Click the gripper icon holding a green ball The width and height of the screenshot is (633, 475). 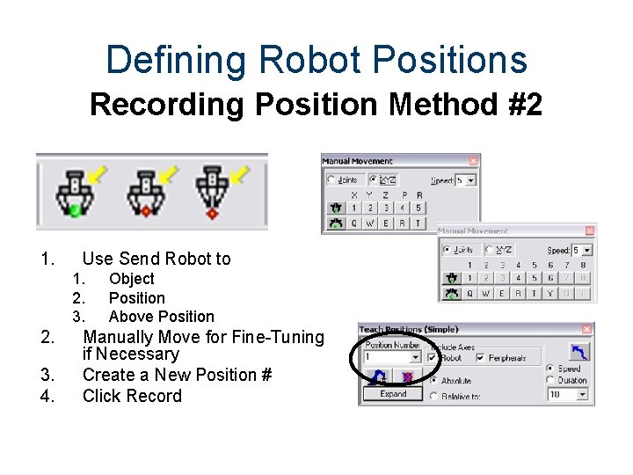(x=75, y=191)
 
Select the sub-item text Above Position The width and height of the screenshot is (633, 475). (x=161, y=317)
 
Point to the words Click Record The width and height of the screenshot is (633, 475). (x=132, y=396)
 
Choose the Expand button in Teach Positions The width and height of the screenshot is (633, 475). (x=393, y=394)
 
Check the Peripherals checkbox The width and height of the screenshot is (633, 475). (x=479, y=358)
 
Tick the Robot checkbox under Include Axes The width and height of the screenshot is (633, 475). (x=432, y=358)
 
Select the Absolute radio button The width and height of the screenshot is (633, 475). (x=434, y=380)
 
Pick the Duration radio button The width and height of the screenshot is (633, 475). (x=550, y=380)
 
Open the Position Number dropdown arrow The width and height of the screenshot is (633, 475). (x=415, y=358)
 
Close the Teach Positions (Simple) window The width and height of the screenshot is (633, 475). (x=587, y=329)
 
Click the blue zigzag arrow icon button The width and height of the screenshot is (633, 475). (x=579, y=351)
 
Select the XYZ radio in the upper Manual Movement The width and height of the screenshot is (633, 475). (x=375, y=179)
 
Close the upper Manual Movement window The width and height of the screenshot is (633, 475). (x=473, y=161)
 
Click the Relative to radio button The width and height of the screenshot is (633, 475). (x=434, y=396)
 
